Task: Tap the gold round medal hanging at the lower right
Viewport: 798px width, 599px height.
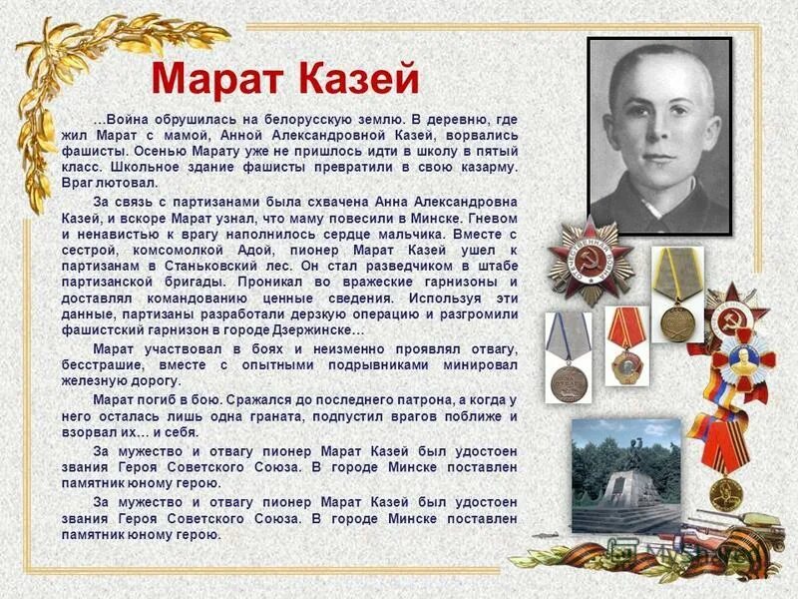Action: click(x=726, y=493)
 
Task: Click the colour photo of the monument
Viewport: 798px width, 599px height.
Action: click(x=625, y=476)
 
